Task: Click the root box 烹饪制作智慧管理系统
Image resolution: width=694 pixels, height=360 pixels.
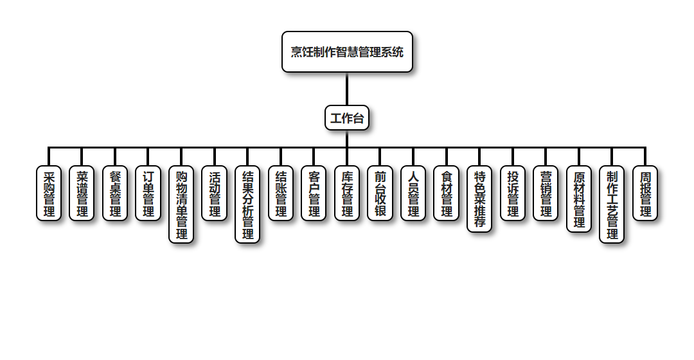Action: point(347,52)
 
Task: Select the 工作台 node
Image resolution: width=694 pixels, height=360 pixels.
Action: point(347,118)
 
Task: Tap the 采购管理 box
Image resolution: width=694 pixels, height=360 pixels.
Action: point(49,194)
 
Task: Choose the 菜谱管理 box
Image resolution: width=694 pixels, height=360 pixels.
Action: point(82,194)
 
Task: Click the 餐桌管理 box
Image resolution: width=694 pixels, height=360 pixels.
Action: point(115,194)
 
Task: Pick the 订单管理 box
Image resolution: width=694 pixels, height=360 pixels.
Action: point(148,194)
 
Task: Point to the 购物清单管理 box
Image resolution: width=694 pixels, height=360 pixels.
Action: point(181,204)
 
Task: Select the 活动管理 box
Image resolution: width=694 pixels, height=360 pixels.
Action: point(215,194)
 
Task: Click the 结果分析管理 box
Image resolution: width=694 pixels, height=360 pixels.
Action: point(247,204)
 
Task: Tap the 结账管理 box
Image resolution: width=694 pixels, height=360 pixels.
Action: point(281,194)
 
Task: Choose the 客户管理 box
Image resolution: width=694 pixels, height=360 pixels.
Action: point(314,194)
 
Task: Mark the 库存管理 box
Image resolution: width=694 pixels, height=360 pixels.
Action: point(347,194)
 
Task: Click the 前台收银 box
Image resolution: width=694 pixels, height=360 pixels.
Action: point(380,194)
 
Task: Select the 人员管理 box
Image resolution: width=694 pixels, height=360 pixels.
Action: point(413,194)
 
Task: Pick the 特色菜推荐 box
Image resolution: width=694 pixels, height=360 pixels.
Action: point(479,199)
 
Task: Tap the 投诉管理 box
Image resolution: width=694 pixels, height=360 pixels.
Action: point(513,194)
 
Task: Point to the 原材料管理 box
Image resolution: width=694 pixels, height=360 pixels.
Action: point(579,199)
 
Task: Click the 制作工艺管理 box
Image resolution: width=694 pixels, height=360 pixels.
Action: point(612,204)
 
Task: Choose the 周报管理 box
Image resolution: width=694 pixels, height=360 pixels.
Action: point(645,194)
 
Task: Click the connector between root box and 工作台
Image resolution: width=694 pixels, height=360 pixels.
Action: point(347,89)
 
